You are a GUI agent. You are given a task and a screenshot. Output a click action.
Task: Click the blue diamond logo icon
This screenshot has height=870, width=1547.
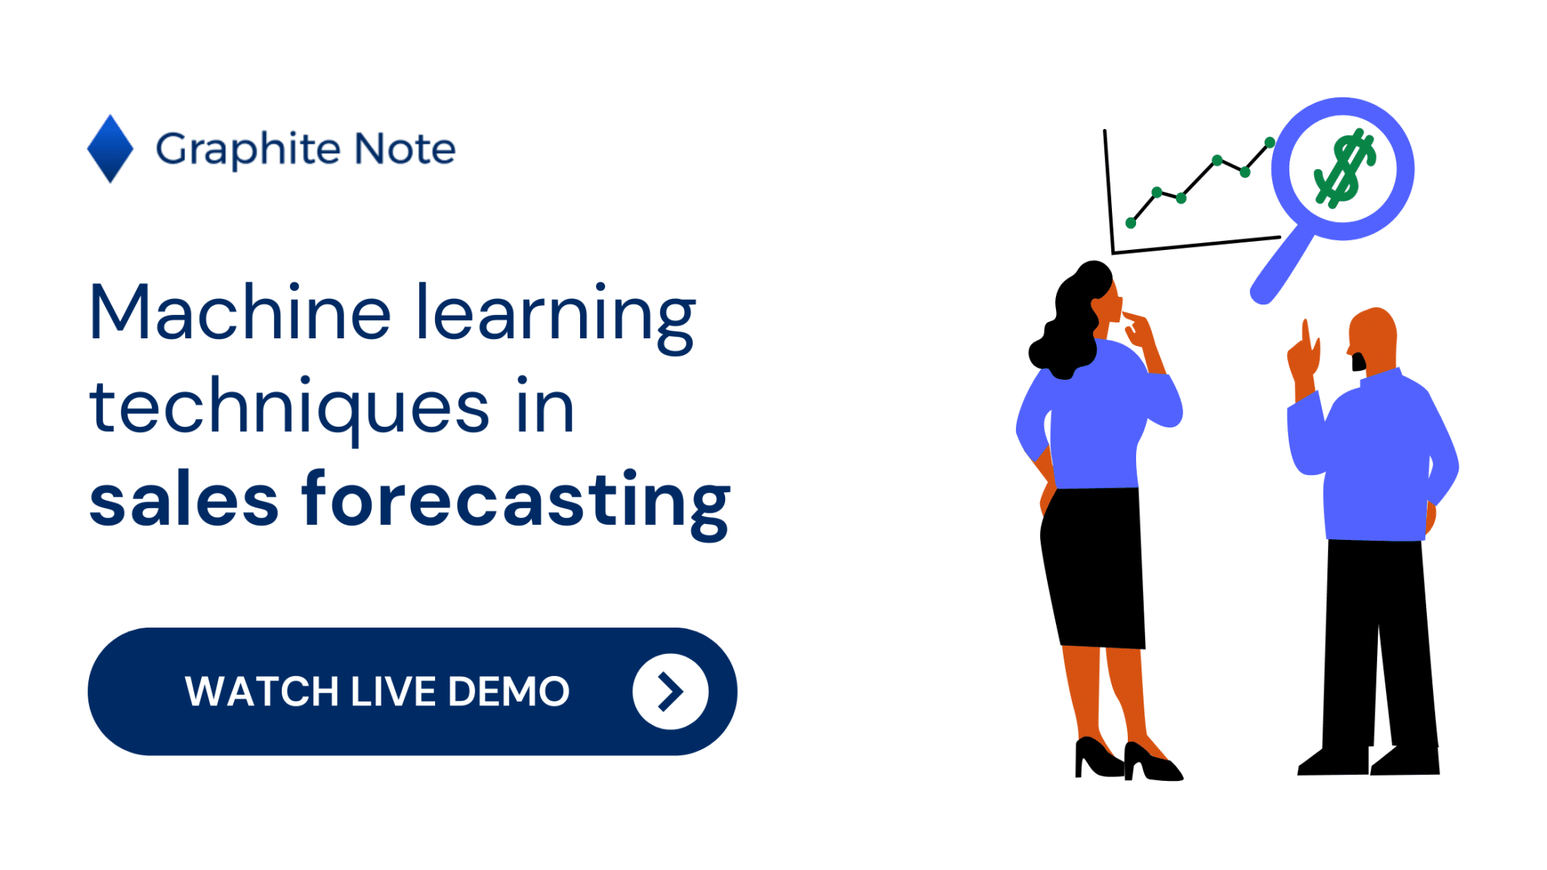pos(110,149)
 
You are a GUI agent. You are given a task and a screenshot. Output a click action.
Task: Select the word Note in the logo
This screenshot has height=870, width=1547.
pos(406,148)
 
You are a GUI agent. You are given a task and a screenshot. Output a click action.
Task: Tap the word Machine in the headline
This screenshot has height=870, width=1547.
pos(240,311)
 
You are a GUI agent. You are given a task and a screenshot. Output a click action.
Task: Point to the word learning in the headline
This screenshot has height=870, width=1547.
pos(556,317)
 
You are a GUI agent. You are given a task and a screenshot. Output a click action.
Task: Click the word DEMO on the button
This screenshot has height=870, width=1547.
pos(508,692)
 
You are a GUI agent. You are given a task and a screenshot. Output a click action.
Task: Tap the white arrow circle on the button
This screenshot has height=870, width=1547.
pos(670,691)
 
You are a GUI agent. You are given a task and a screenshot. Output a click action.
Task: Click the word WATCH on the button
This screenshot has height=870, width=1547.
pos(261,692)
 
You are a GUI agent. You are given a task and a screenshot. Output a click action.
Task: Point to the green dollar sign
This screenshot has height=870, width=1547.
pos(1345,168)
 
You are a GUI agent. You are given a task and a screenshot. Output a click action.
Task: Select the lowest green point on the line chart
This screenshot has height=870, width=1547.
pos(1131,223)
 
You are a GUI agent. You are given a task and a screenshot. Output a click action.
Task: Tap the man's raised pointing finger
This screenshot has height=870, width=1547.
pos(1305,332)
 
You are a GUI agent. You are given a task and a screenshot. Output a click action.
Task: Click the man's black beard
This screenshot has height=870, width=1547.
pos(1358,362)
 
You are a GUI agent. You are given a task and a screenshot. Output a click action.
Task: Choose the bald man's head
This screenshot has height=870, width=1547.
pos(1373,340)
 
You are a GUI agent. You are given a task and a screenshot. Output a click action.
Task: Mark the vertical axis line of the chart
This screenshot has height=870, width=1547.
pos(1109,191)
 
